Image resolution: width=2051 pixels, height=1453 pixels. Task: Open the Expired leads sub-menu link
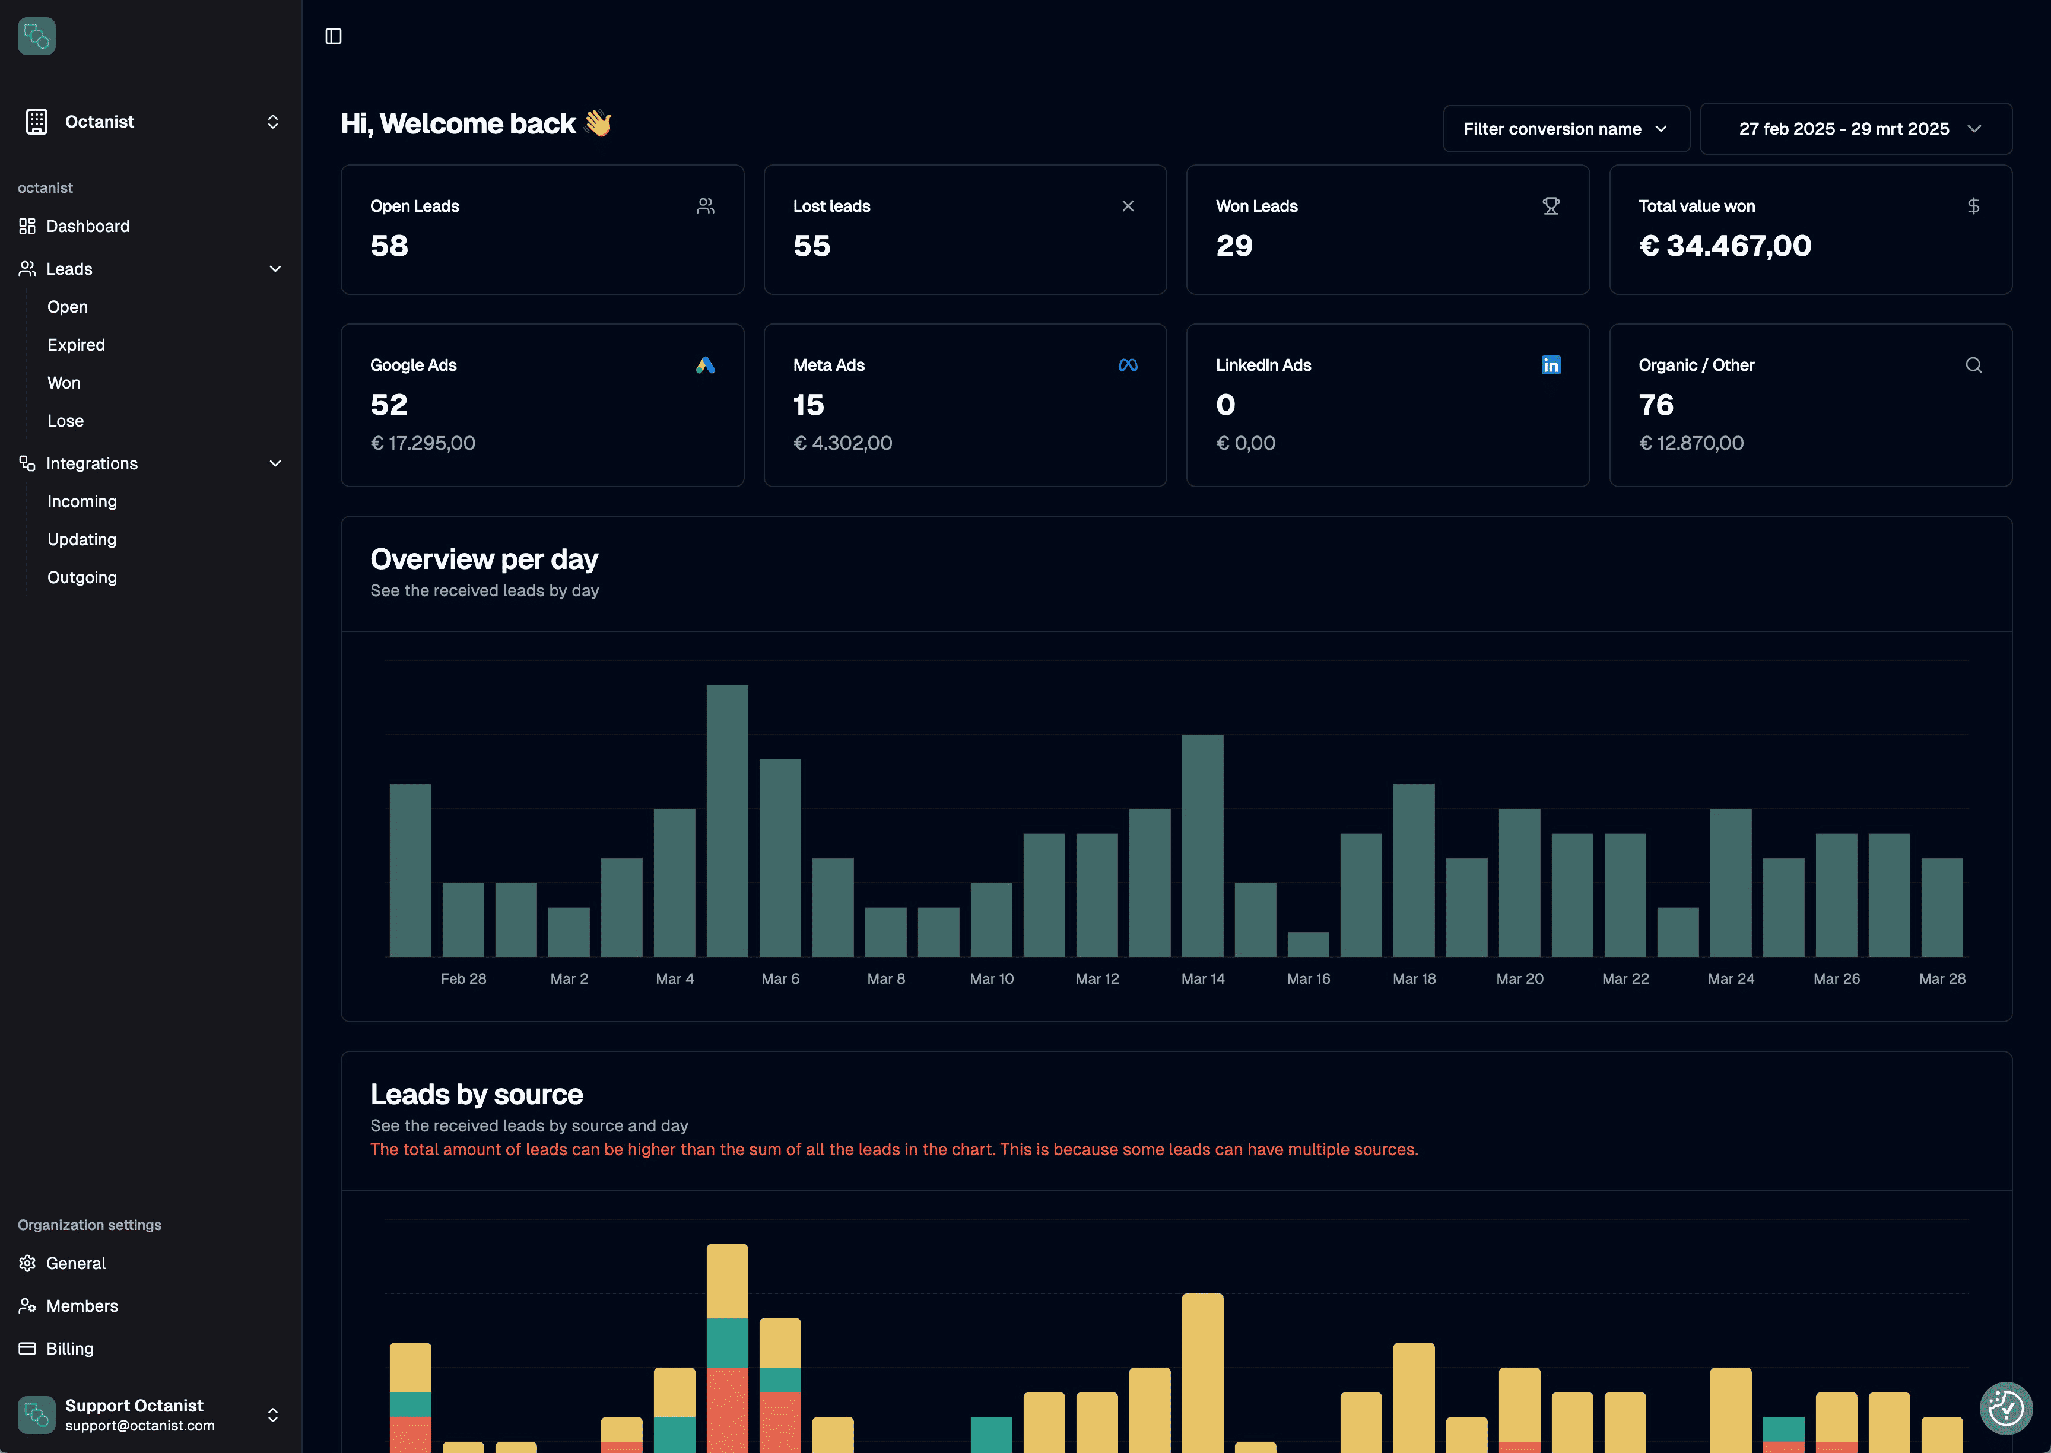pos(76,345)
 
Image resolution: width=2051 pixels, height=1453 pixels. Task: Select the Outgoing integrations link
pos(81,577)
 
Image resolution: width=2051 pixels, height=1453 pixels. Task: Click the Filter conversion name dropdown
pos(1565,129)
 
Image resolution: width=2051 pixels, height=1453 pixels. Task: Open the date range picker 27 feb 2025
pos(1855,129)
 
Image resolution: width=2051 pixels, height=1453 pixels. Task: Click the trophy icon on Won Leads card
pos(1550,206)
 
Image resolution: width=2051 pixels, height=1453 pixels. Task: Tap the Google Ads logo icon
pos(705,365)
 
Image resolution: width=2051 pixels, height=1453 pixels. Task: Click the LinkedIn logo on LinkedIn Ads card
pos(1550,365)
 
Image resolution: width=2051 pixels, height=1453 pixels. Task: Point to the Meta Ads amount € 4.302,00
pos(842,443)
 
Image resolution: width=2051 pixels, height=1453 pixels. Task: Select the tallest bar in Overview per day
pos(726,819)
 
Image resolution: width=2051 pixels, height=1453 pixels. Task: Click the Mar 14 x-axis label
pos(1202,979)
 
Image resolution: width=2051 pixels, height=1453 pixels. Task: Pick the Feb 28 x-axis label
pos(463,979)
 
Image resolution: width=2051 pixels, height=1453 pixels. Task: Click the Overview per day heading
pos(483,559)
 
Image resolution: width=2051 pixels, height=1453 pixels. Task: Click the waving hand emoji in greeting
pos(597,123)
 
